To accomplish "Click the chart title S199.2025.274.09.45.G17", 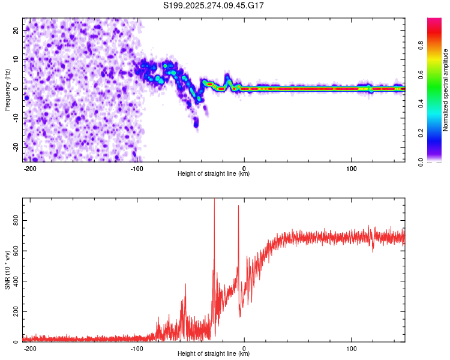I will click(x=214, y=5).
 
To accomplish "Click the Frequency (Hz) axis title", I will click(x=7, y=89).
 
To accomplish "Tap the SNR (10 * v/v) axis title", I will click(x=7, y=269).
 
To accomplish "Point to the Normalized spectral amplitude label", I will click(x=446, y=89).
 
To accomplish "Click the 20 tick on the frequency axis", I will click(x=16, y=29).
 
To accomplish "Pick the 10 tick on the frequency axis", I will click(x=16, y=59).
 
